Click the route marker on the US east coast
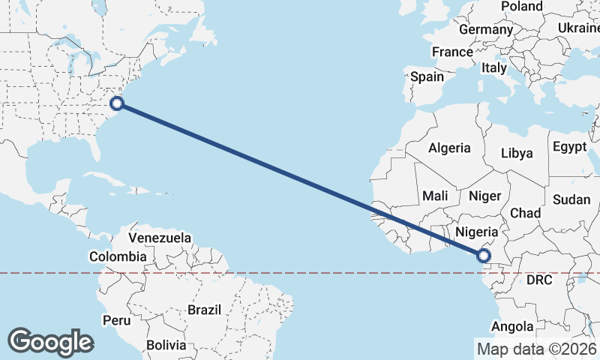pyautogui.click(x=116, y=103)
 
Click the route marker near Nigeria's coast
pyautogui.click(x=484, y=256)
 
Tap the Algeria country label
pyautogui.click(x=449, y=148)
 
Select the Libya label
pyautogui.click(x=517, y=153)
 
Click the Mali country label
pyautogui.click(x=435, y=195)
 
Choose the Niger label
pyautogui.click(x=484, y=195)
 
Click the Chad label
pyautogui.click(x=525, y=213)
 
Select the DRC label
pyautogui.click(x=538, y=280)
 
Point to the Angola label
pyautogui.click(x=512, y=326)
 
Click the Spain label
pyautogui.click(x=427, y=76)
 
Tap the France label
pyautogui.click(x=452, y=52)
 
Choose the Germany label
pyautogui.click(x=485, y=29)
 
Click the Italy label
pyautogui.click(x=494, y=67)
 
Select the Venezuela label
pyautogui.click(x=160, y=238)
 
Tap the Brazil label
pyautogui.click(x=204, y=309)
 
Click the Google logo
pyautogui.click(x=50, y=341)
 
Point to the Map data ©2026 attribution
pyautogui.click(x=537, y=349)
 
